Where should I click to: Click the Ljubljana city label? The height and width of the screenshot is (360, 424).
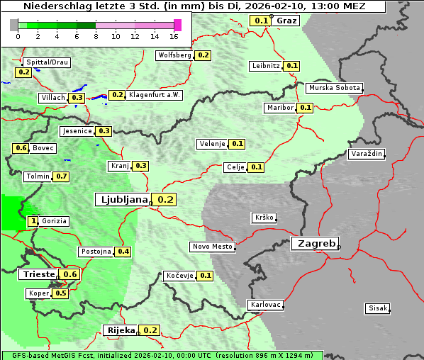tap(122, 199)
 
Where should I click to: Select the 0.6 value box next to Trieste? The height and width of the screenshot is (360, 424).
tap(70, 274)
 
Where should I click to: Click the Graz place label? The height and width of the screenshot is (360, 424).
tap(286, 20)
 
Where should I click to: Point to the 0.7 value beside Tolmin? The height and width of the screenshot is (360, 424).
tap(62, 176)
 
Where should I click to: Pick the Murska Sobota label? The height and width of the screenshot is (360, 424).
tap(334, 88)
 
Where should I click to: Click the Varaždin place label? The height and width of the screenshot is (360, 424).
tap(366, 154)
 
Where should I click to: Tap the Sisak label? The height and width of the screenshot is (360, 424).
tap(376, 308)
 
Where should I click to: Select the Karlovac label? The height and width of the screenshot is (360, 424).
tap(266, 305)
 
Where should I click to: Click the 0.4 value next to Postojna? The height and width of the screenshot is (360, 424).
tap(123, 252)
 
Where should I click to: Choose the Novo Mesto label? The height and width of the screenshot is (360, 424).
tap(212, 247)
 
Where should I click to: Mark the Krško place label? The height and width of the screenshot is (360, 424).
tap(263, 218)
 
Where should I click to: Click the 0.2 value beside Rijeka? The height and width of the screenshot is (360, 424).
tap(150, 330)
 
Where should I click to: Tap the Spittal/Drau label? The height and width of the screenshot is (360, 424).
tap(47, 62)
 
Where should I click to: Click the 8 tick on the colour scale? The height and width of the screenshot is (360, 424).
tap(96, 35)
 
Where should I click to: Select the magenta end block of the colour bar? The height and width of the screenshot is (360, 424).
tap(177, 25)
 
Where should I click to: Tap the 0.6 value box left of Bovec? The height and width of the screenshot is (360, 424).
tap(21, 148)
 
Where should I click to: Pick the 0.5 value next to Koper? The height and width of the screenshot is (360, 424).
tap(60, 293)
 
